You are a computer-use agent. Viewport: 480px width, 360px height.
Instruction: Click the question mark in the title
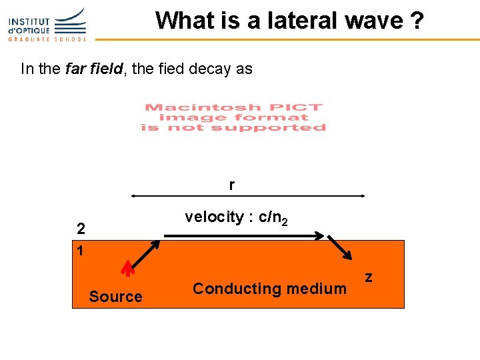click(x=417, y=21)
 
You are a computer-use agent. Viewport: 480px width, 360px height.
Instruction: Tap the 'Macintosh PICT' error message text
click(x=233, y=117)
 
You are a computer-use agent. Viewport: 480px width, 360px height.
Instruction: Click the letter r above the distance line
click(x=231, y=185)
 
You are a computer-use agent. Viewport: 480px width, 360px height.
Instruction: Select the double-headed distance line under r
click(x=247, y=196)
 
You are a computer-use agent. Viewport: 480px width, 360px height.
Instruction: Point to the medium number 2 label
click(x=81, y=229)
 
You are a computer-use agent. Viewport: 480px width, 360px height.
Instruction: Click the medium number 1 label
click(x=80, y=251)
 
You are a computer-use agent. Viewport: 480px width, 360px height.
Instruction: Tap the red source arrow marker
click(x=127, y=267)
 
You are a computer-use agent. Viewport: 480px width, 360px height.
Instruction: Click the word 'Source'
click(x=115, y=297)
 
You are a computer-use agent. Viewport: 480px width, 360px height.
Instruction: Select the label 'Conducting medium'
click(x=269, y=289)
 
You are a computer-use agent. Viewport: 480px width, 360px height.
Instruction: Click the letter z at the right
click(x=368, y=276)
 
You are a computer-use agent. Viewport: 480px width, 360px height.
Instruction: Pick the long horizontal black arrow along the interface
click(x=244, y=235)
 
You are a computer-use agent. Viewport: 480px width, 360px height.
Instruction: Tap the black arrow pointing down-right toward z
click(x=339, y=247)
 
